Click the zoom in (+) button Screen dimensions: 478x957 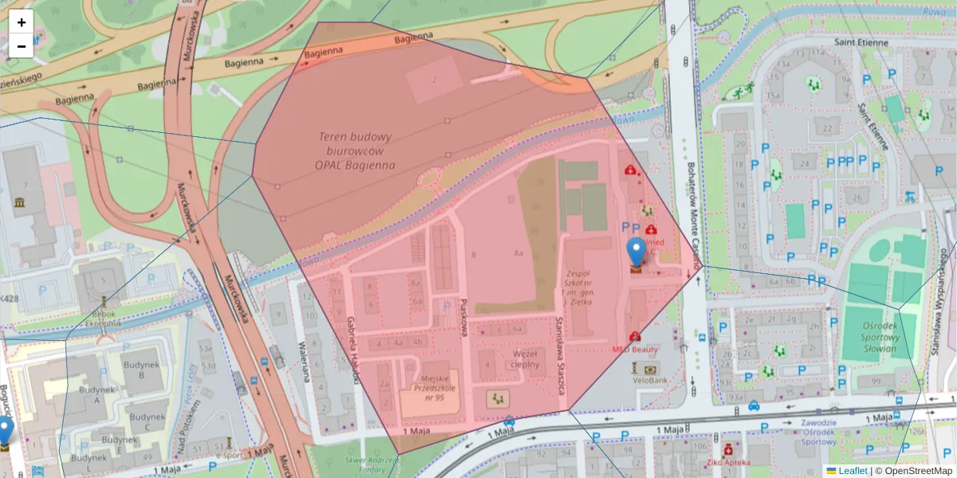point(21,22)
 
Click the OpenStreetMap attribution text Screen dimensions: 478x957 point(918,471)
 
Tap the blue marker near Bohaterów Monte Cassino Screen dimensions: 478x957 point(636,253)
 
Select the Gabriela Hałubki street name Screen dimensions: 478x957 point(351,349)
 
